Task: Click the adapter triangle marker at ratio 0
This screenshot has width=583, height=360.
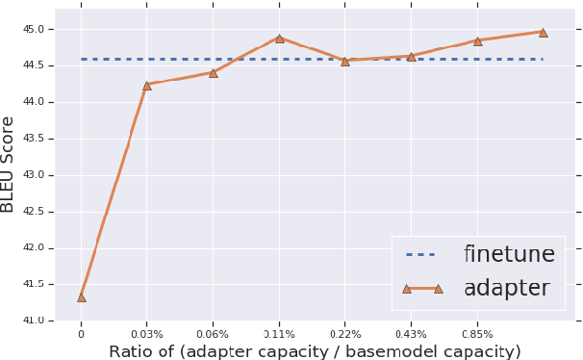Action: pos(81,296)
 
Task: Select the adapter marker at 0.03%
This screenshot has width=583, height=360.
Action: pos(147,86)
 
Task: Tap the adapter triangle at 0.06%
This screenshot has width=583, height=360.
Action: pos(213,72)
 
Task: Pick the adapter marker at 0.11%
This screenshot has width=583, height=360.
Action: pos(279,39)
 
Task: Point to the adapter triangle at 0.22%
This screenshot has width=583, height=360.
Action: pos(344,61)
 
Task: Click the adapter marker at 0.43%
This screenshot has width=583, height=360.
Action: pos(411,57)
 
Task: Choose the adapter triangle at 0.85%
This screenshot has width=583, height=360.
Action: pos(477,41)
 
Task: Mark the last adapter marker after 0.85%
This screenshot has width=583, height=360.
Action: pos(543,32)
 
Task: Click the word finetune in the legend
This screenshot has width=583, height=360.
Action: pos(509,255)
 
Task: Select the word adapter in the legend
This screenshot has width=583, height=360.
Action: pos(506,289)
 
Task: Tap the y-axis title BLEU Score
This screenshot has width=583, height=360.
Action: pos(9,164)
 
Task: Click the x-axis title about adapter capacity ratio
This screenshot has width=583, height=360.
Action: pos(315,351)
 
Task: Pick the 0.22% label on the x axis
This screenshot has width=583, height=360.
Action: pos(344,334)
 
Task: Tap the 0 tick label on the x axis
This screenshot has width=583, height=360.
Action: pos(81,334)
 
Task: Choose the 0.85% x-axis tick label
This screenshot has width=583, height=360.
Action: pos(477,334)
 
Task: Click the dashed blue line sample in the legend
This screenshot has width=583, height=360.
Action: pos(421,255)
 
